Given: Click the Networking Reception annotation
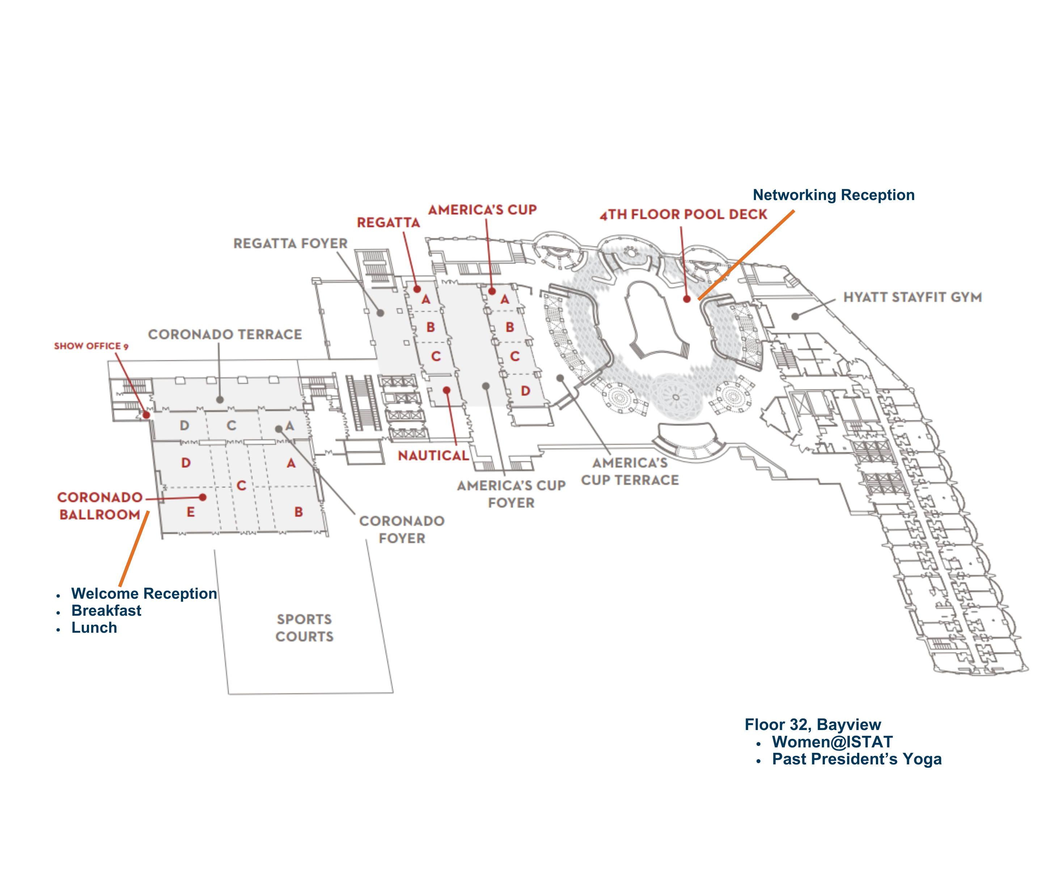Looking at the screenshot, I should click(x=833, y=195).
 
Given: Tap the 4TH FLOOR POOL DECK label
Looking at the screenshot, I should click(x=683, y=215).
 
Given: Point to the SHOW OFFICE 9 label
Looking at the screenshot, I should click(x=91, y=346).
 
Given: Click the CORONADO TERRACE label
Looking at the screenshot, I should click(x=225, y=335).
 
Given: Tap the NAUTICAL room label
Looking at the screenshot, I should click(x=433, y=455).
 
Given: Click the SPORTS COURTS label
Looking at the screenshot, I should click(x=304, y=628).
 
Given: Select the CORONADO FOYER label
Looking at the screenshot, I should click(x=402, y=530).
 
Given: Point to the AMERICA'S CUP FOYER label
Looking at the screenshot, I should click(x=511, y=494).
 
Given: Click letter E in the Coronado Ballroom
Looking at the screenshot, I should click(x=190, y=512).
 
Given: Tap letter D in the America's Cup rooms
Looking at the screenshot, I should click(x=525, y=391).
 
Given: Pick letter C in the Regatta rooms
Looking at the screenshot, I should click(x=436, y=356).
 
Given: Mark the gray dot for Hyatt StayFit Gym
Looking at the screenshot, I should click(x=795, y=317).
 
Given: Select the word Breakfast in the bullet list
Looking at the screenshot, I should click(x=106, y=611).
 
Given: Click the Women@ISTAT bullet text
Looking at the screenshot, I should click(x=832, y=742).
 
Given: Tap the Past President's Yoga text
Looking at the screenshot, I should click(x=856, y=759).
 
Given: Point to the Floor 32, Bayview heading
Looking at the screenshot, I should click(x=812, y=725).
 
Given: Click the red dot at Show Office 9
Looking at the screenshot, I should click(x=146, y=415).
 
